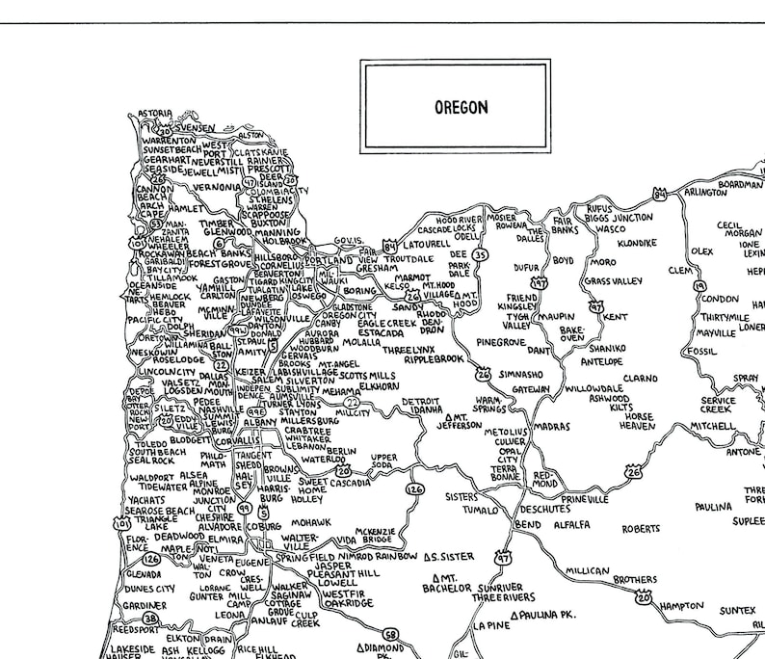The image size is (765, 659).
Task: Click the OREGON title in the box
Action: click(455, 106)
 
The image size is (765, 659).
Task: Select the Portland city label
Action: click(330, 260)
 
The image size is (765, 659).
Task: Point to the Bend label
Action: click(528, 523)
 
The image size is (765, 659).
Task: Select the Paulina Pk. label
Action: click(547, 614)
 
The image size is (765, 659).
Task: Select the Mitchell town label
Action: click(712, 425)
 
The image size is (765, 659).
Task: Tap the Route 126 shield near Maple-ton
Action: click(150, 559)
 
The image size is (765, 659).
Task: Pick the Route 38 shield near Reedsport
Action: click(150, 619)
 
